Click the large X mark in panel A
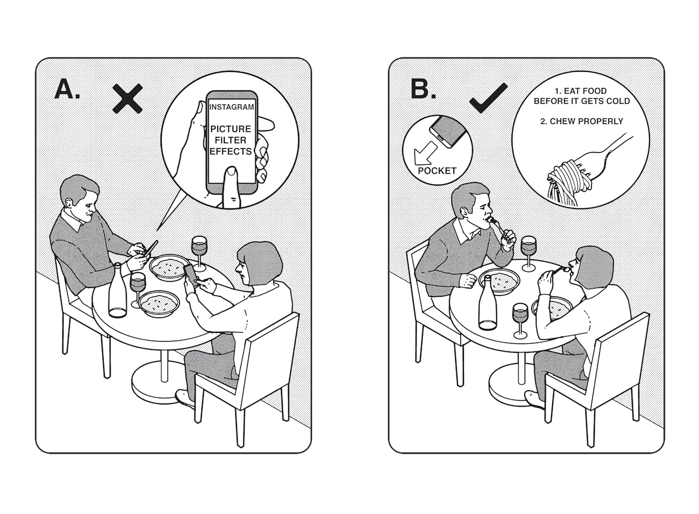[x=128, y=98]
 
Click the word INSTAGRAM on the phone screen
[x=232, y=107]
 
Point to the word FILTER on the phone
[x=231, y=140]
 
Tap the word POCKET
[x=437, y=171]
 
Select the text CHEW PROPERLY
[x=582, y=122]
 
